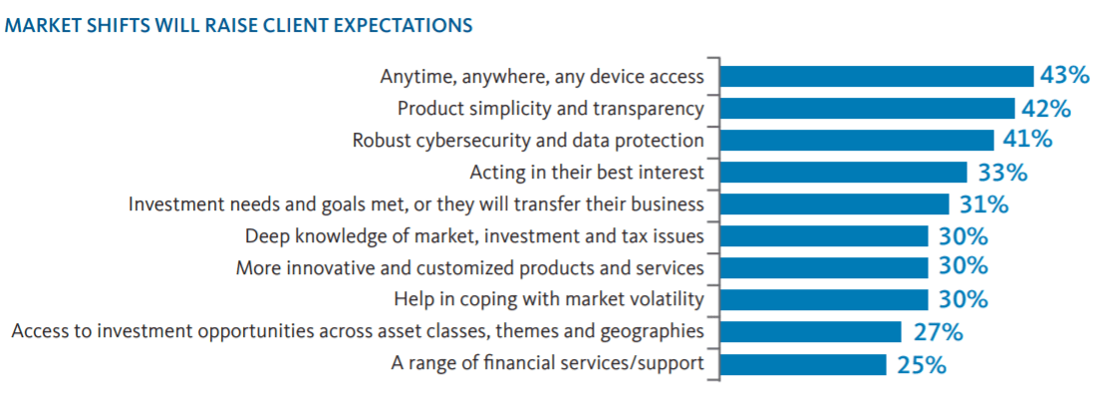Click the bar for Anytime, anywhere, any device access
(x=877, y=76)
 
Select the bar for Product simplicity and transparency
(x=868, y=109)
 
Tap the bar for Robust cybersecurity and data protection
(x=857, y=140)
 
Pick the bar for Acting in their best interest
(x=844, y=172)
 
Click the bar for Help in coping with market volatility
(x=824, y=300)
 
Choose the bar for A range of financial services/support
(x=803, y=364)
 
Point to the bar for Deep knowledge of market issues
(x=824, y=236)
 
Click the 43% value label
(x=1065, y=76)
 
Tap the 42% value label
(x=1046, y=108)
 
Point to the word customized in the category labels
(x=512, y=268)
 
